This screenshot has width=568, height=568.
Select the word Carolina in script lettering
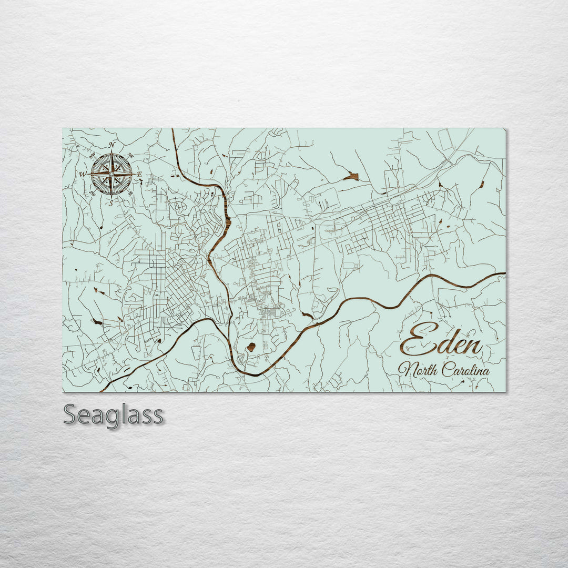click(465, 370)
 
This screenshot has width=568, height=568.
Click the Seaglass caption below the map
click(113, 415)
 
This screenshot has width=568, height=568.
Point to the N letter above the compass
click(111, 145)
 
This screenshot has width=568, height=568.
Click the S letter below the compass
click(111, 202)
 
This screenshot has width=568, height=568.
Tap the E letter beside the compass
click(139, 174)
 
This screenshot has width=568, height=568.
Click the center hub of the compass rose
click(111, 174)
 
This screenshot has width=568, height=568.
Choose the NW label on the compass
click(93, 156)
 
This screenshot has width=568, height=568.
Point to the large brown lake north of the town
click(351, 176)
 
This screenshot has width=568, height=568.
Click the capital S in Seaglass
click(70, 415)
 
